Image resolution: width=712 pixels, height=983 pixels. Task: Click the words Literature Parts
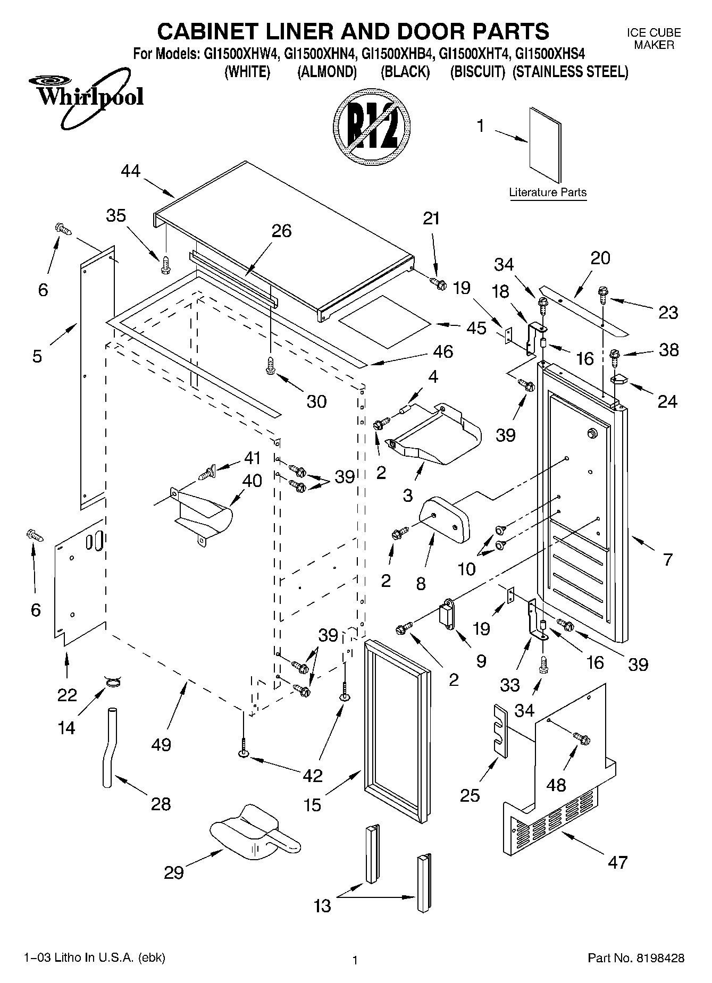click(548, 192)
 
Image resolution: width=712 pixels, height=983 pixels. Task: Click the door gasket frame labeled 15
click(396, 734)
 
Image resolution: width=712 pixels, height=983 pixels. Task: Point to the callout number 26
click(282, 231)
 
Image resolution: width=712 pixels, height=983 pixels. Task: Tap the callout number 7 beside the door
click(668, 559)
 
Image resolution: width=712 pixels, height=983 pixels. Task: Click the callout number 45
click(476, 328)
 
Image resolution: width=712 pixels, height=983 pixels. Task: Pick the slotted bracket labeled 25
click(500, 728)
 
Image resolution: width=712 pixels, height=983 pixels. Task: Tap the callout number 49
click(161, 744)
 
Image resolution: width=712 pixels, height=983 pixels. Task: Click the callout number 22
click(67, 695)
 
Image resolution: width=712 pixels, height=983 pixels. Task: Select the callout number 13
click(323, 905)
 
